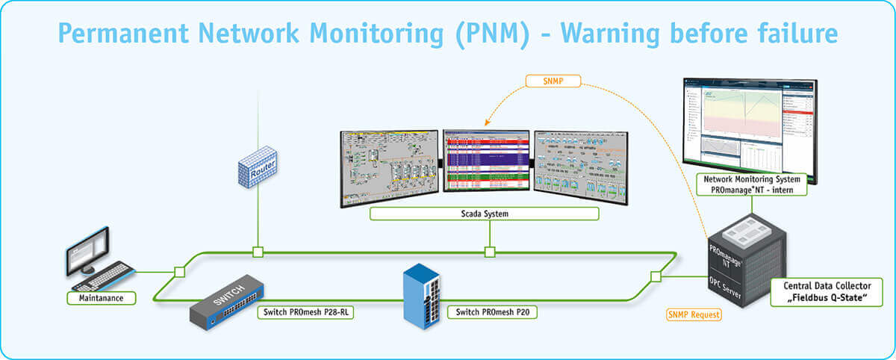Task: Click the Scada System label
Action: (484, 214)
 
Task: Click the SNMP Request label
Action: (694, 314)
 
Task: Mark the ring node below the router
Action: (258, 252)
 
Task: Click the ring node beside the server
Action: (656, 276)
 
